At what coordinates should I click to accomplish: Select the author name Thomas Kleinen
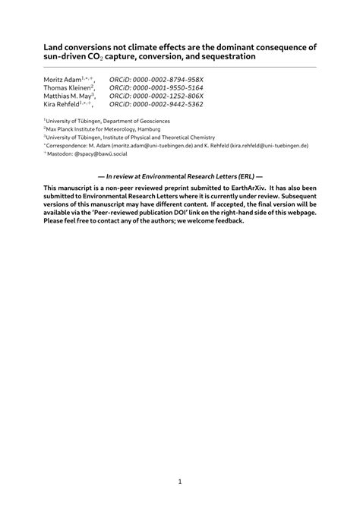click(67, 87)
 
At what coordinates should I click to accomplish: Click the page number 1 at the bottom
click(180, 481)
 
